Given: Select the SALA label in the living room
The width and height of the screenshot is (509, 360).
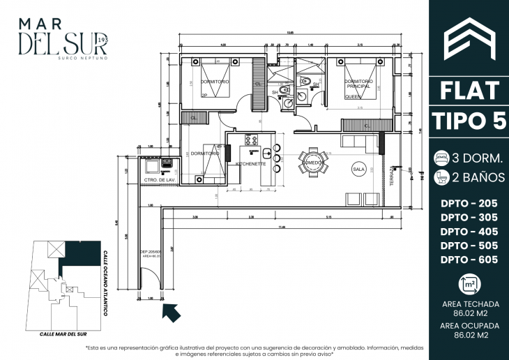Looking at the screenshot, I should (x=359, y=169).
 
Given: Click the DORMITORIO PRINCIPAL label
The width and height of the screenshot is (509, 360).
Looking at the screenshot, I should (x=358, y=84).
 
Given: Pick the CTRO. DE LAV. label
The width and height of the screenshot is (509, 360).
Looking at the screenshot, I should (x=158, y=180).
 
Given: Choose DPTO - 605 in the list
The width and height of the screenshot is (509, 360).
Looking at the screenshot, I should (x=469, y=260).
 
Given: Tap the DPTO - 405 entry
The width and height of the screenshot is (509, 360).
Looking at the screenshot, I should (x=469, y=232).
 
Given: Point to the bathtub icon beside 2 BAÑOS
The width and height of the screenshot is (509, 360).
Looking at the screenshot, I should (x=441, y=177).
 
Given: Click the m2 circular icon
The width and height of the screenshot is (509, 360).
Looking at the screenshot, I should (x=469, y=285).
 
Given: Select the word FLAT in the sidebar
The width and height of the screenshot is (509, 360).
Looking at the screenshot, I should (x=469, y=90).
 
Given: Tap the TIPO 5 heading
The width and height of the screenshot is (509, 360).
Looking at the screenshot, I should (x=469, y=120).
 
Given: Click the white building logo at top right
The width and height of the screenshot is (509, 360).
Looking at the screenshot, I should (x=469, y=39).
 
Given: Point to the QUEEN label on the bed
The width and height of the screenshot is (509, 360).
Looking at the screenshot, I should (x=352, y=98).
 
